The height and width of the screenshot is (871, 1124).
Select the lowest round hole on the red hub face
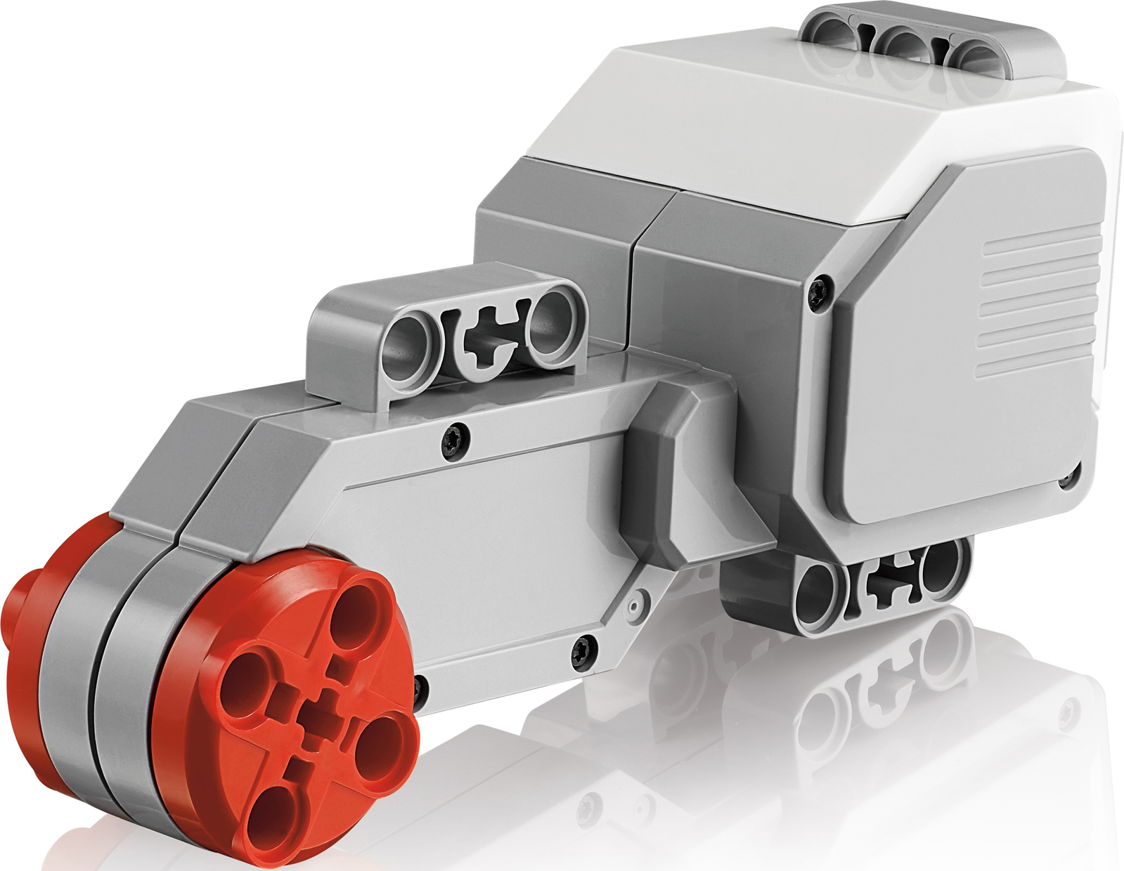tap(276, 816)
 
